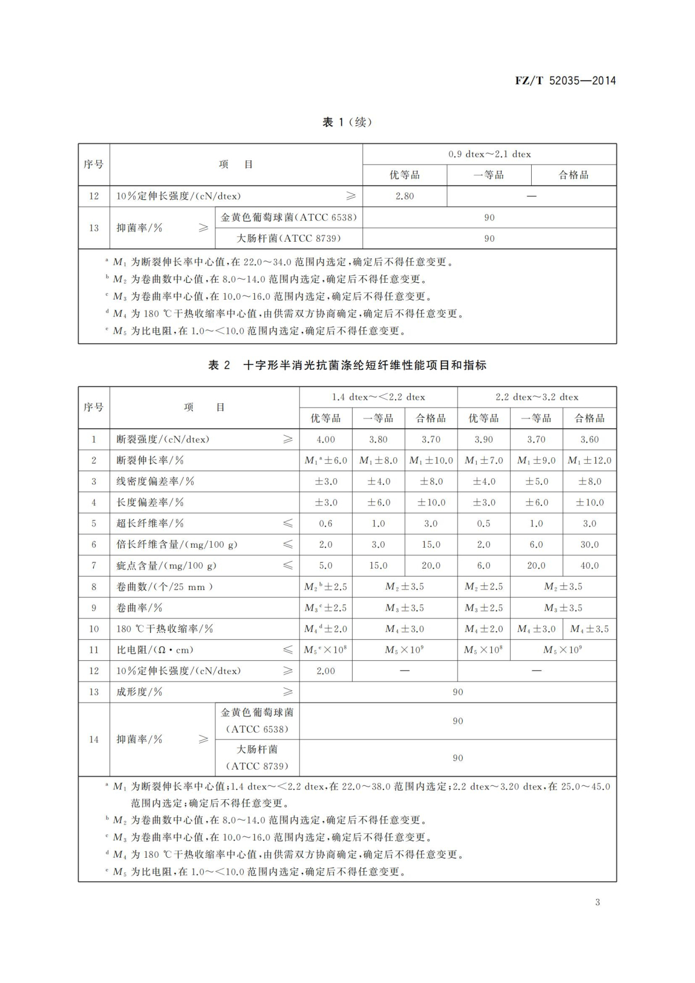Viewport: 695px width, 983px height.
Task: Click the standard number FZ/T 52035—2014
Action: pyautogui.click(x=565, y=81)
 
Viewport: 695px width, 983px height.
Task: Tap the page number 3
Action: pyautogui.click(x=597, y=902)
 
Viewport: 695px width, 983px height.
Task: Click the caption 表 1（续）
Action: pyautogui.click(x=347, y=122)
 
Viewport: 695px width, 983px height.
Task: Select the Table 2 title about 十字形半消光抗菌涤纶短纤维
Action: pyautogui.click(x=347, y=365)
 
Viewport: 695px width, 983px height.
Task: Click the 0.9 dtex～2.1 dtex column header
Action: pyautogui.click(x=489, y=154)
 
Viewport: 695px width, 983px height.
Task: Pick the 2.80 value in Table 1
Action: pyautogui.click(x=405, y=196)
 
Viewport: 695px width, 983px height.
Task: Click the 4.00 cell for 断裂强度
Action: pyautogui.click(x=325, y=439)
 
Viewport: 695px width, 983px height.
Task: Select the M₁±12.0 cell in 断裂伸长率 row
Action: pyautogui.click(x=589, y=460)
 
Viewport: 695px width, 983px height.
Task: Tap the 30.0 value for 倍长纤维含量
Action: pyautogui.click(x=589, y=544)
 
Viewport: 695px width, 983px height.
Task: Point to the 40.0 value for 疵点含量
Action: pyautogui.click(x=589, y=565)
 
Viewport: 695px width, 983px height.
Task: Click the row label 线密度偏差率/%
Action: pyautogui.click(x=155, y=481)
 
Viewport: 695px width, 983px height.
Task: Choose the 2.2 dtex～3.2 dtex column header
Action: pyautogui.click(x=537, y=397)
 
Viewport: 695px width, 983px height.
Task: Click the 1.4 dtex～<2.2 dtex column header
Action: pyautogui.click(x=378, y=397)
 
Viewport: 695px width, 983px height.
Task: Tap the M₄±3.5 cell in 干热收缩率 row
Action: pyautogui.click(x=589, y=629)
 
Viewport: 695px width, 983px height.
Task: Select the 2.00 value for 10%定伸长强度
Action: pyautogui.click(x=325, y=671)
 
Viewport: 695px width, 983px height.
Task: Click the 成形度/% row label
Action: pyautogui.click(x=140, y=691)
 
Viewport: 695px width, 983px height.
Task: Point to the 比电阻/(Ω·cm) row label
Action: pyautogui.click(x=155, y=650)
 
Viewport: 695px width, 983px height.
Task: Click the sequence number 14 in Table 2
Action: pyautogui.click(x=94, y=740)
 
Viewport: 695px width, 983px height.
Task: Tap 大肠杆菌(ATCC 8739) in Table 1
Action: pyautogui.click(x=288, y=238)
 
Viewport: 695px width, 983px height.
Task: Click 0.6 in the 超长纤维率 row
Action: pyautogui.click(x=325, y=523)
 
